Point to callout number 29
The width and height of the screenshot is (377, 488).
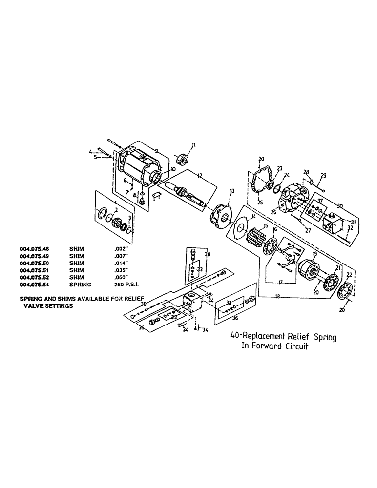coord(323,175)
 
